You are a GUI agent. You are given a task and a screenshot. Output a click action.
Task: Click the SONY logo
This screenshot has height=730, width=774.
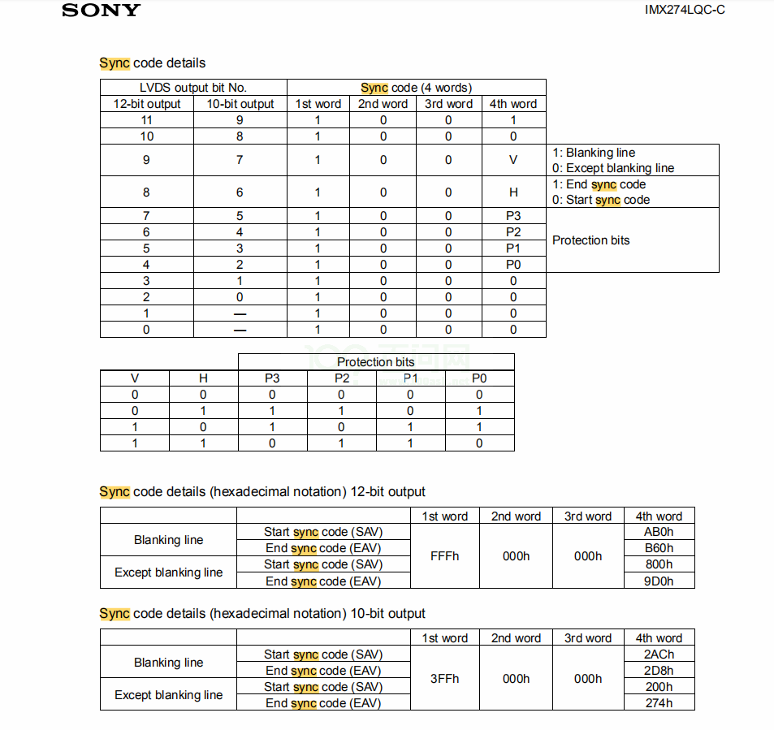(x=101, y=11)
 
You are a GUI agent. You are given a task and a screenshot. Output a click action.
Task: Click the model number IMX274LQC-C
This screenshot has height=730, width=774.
(x=685, y=10)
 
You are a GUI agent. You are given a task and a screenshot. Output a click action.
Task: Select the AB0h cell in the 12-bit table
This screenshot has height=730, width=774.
(x=659, y=533)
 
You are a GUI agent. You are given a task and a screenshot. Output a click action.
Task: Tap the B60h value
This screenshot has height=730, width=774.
(x=659, y=549)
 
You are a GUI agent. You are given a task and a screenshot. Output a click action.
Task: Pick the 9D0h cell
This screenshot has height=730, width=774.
(x=659, y=581)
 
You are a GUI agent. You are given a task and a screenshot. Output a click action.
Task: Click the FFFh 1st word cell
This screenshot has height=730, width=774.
(x=444, y=556)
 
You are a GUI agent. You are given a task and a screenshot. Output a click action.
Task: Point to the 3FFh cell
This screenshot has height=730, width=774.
(x=444, y=679)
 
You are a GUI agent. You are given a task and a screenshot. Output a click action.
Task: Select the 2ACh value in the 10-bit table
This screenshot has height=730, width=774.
(x=659, y=654)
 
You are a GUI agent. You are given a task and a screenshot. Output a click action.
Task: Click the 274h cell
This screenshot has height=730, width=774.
(x=659, y=703)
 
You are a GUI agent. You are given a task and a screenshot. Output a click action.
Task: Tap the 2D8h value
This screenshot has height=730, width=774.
(x=659, y=671)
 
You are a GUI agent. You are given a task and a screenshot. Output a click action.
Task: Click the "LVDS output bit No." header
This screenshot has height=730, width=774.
(x=193, y=88)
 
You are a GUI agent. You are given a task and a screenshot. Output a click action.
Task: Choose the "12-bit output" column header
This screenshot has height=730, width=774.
(x=147, y=104)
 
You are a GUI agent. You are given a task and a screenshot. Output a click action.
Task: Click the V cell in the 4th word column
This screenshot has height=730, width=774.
(x=513, y=160)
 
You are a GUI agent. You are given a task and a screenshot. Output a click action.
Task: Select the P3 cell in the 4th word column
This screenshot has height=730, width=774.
(x=513, y=216)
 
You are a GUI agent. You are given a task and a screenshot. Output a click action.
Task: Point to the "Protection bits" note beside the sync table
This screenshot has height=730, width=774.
(x=590, y=240)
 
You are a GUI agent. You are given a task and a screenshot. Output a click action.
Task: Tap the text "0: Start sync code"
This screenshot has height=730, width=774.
(x=601, y=200)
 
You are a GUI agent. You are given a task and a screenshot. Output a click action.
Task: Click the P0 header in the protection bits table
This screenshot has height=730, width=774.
(x=479, y=378)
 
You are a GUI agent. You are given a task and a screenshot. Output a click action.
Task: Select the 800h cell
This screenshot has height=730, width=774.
(x=659, y=565)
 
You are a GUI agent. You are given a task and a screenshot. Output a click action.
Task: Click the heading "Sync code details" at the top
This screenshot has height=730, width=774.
(x=153, y=63)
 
